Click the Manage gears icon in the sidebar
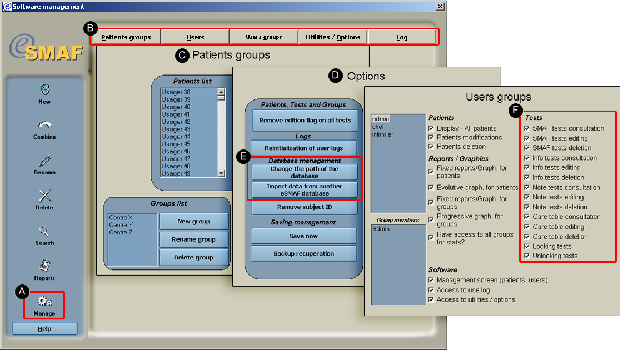pos(44,301)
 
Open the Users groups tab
pos(263,37)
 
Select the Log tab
pos(402,37)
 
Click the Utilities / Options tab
pos(333,37)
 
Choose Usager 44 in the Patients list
pos(176,137)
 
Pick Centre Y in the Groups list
pos(121,225)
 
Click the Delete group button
pos(193,257)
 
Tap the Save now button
pos(303,236)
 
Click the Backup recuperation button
pos(303,253)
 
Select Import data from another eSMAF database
pos(305,190)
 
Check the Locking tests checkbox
pos(527,246)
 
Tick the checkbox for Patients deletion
pos(431,147)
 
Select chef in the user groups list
pos(378,127)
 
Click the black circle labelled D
pos(336,76)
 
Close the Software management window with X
pos(440,7)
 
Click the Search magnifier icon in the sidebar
pos(44,231)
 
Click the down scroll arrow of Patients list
pos(221,173)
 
